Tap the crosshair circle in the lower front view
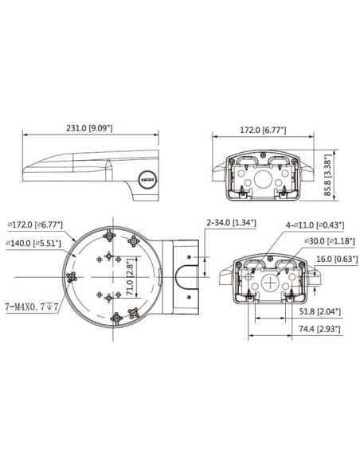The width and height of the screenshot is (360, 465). [272, 281]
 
